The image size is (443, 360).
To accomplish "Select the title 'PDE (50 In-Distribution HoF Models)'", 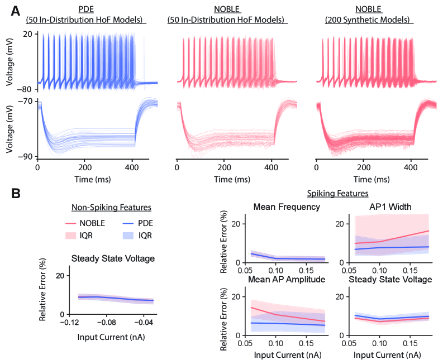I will (86, 16).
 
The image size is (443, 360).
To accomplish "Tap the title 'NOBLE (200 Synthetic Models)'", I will (368, 16).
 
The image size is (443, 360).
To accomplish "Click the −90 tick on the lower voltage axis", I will (26, 157).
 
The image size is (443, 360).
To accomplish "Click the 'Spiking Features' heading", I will (337, 194).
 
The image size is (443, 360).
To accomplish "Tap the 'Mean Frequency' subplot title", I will (287, 207).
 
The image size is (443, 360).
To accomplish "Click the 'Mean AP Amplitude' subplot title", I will (287, 280).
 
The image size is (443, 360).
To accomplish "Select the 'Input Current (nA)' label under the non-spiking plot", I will (112, 337).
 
